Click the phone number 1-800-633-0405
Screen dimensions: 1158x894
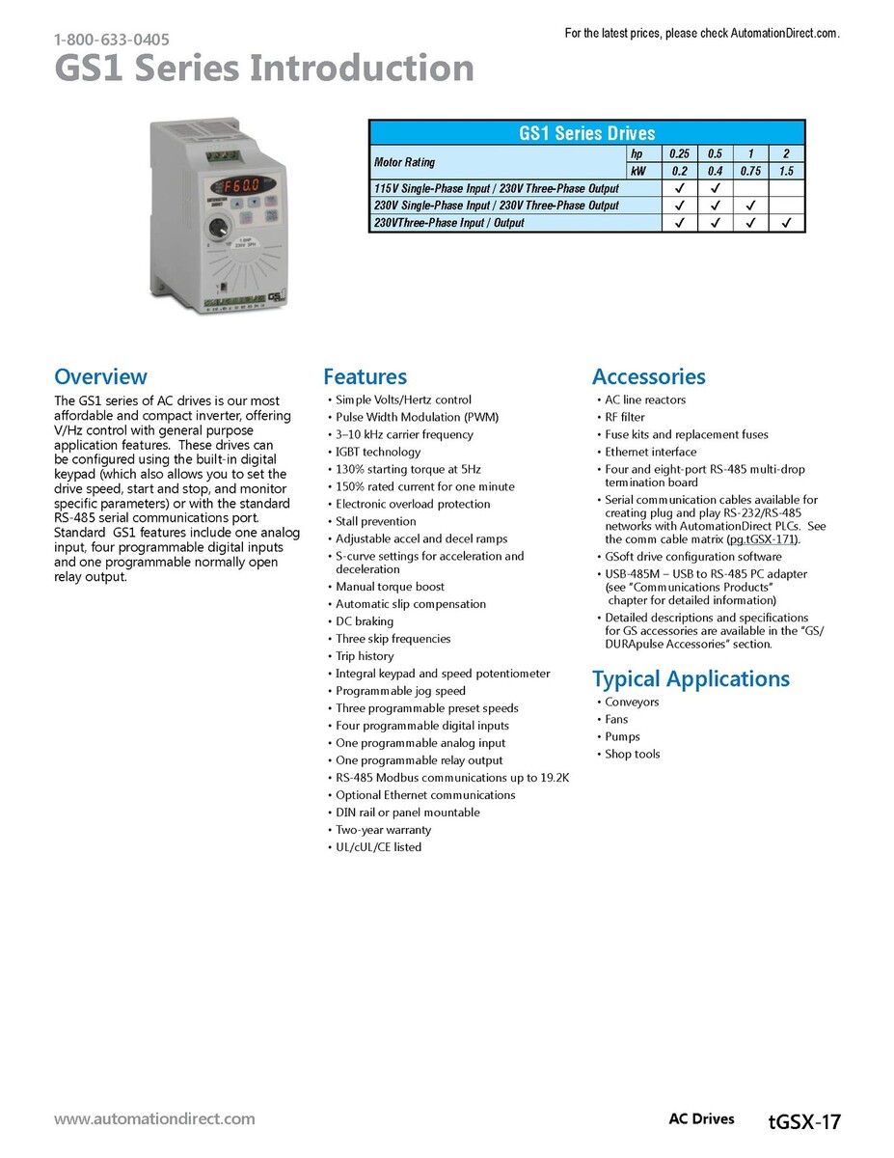tap(112, 40)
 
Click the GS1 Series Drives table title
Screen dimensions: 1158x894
tap(586, 133)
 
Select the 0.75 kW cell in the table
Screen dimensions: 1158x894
tap(750, 171)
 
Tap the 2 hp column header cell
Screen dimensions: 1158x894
tap(786, 153)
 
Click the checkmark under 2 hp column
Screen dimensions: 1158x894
tap(786, 223)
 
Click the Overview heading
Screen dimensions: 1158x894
tap(100, 376)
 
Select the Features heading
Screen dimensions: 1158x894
tap(365, 376)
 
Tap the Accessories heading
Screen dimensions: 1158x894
tap(648, 376)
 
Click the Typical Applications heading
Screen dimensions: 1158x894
tap(691, 679)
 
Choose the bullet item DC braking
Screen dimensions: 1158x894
tap(365, 621)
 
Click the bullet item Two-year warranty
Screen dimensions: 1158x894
tap(383, 830)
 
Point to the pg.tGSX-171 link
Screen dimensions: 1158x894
tap(764, 539)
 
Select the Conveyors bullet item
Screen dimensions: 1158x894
tap(632, 703)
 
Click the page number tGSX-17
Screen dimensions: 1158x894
tap(805, 1121)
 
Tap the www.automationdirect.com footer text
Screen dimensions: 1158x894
tap(154, 1119)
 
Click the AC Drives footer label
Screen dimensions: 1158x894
tap(701, 1119)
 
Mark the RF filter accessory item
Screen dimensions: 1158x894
tap(625, 417)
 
